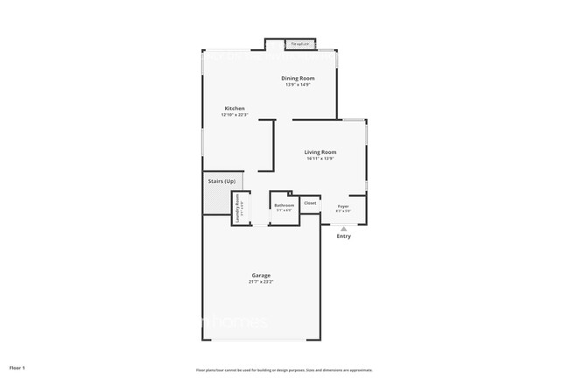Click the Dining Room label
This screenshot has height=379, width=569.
299,78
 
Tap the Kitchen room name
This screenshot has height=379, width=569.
233,109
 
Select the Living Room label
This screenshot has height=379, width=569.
320,152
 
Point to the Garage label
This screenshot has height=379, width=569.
261,276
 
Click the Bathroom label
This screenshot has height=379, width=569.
284,206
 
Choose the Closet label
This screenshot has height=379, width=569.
310,203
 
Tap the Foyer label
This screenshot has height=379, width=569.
343,207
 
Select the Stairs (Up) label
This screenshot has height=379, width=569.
221,181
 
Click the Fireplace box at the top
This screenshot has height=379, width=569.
301,44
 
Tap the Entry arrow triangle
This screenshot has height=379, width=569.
343,228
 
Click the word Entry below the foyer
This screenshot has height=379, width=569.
343,236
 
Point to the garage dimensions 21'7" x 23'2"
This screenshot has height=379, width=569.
261,282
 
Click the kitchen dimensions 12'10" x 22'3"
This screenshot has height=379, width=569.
233,115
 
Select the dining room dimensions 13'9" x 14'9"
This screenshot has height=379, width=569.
299,84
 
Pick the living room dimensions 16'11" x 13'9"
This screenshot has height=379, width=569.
320,158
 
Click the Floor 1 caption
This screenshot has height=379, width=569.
18,368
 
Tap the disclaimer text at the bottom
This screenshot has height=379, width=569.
284,370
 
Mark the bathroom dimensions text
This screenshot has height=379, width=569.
284,211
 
